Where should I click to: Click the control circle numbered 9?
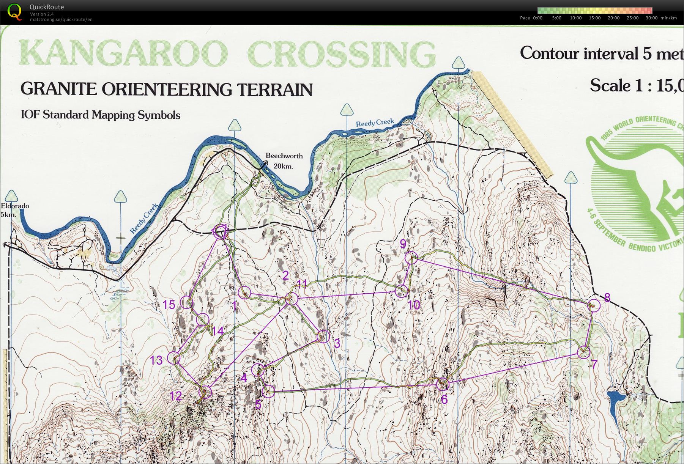[x=411, y=258]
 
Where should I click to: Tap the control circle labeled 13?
[x=173, y=358]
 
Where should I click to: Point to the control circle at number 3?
[x=323, y=337]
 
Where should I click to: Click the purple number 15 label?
[x=169, y=305]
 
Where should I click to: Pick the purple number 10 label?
[x=414, y=305]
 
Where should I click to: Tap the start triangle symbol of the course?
[x=221, y=231]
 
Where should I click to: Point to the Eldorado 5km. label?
[x=14, y=210]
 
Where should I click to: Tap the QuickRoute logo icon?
[x=14, y=11]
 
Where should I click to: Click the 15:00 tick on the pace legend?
[x=594, y=18]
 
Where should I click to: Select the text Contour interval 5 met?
[x=602, y=53]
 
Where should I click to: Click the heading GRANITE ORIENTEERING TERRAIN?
[x=166, y=89]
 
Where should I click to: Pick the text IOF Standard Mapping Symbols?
[x=101, y=115]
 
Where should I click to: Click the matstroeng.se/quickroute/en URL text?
[x=61, y=19]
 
